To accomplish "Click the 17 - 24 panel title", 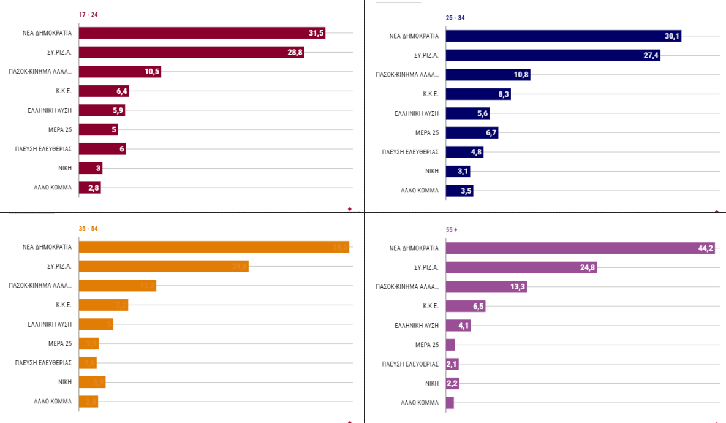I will [x=89, y=15].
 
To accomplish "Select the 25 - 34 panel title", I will [x=456, y=18].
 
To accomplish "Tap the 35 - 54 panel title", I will [x=88, y=229].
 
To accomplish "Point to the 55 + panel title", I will [x=452, y=230].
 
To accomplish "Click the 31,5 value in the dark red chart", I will [x=316, y=33].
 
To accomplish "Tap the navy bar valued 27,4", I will [x=553, y=55].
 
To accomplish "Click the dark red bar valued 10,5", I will [x=119, y=72].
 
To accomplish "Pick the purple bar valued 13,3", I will [x=486, y=287].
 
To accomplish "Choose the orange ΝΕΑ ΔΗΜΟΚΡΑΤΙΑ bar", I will [x=214, y=247].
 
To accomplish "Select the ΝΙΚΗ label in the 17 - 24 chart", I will [x=64, y=168].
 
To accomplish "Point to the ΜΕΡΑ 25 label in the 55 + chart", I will [x=426, y=345].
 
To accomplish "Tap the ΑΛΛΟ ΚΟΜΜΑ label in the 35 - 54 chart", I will [x=53, y=402].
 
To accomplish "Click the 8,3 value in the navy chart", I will [x=502, y=94].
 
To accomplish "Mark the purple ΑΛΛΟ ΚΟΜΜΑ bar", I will [x=450, y=403].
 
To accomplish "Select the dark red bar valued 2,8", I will [x=89, y=188].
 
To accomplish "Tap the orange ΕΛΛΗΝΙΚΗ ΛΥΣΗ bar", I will [x=96, y=324].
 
